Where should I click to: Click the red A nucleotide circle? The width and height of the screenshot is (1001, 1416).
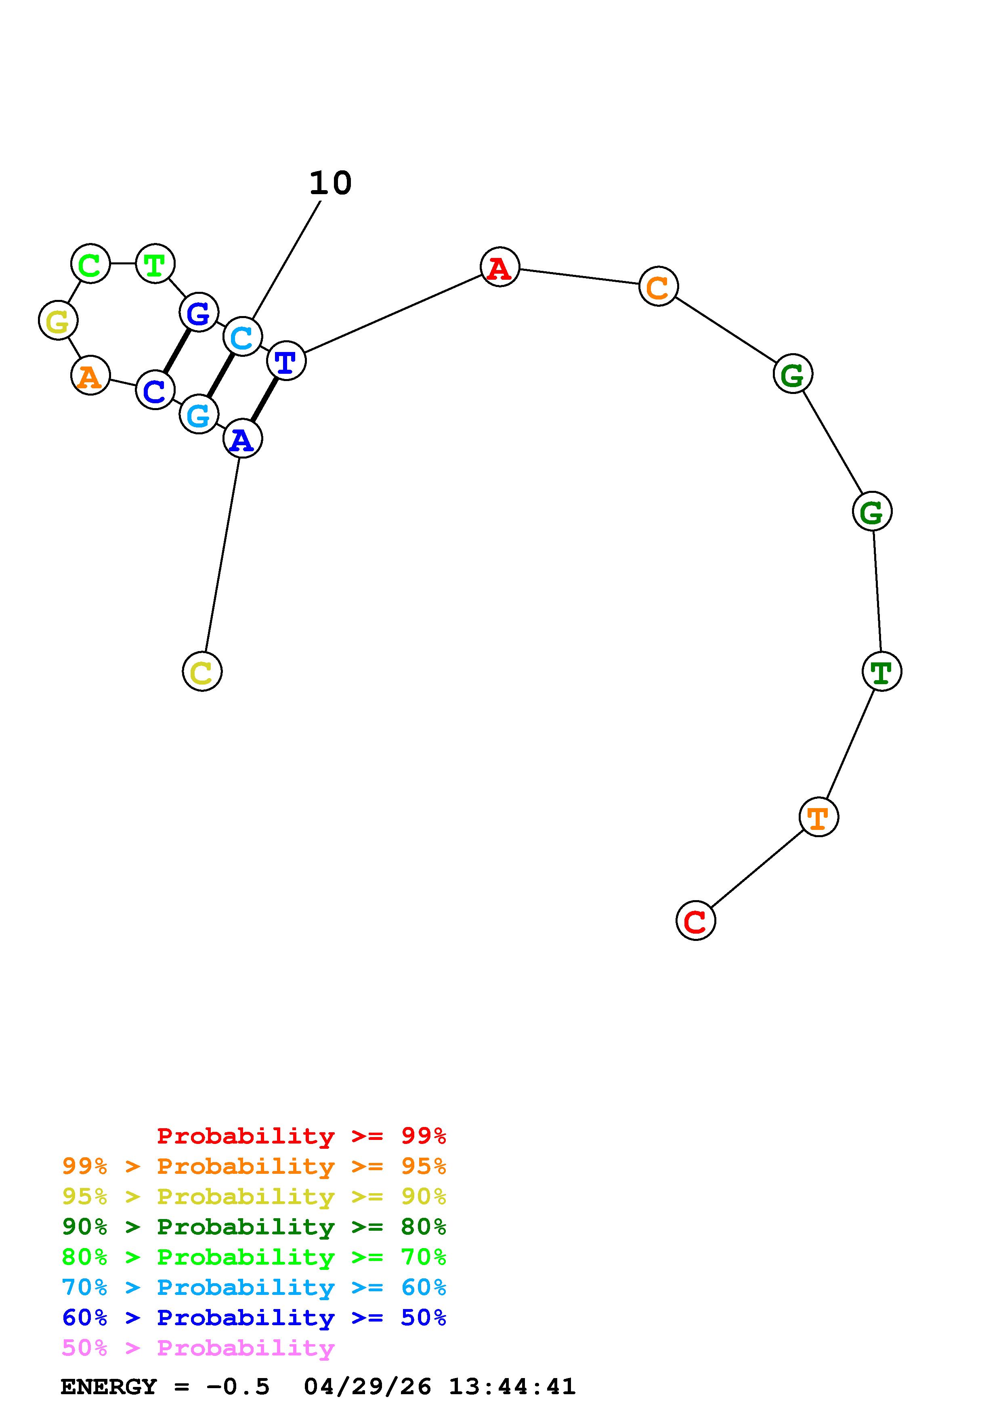499,267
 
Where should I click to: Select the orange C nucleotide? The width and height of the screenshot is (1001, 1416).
658,286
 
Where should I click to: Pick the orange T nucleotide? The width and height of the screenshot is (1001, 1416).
818,817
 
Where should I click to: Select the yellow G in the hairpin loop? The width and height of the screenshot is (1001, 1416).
58,320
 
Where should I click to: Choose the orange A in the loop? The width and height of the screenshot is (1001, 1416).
91,375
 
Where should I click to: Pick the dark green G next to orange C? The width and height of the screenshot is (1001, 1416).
793,374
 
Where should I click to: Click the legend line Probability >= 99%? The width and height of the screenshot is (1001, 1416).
301,1136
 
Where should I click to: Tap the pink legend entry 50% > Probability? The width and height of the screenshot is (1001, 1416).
198,1348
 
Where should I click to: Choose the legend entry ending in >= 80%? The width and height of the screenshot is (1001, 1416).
254,1227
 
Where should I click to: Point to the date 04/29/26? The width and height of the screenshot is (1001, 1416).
367,1387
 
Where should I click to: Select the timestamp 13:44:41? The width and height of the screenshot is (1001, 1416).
512,1387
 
